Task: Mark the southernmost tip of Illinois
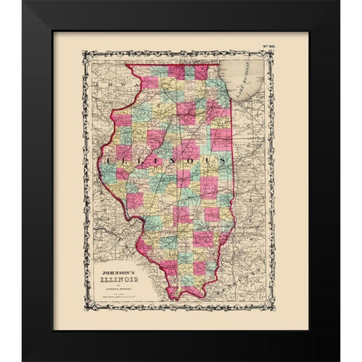[x=176, y=296]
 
